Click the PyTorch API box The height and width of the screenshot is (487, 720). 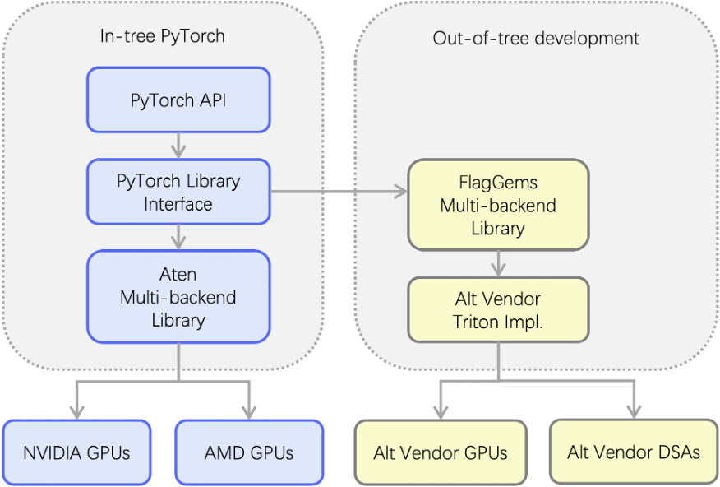click(x=178, y=100)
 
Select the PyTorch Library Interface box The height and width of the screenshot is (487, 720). click(x=178, y=192)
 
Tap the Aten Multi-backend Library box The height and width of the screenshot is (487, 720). click(x=178, y=297)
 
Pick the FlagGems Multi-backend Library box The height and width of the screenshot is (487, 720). click(x=498, y=205)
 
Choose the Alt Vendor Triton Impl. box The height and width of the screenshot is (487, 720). click(x=498, y=309)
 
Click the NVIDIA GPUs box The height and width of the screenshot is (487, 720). click(x=76, y=452)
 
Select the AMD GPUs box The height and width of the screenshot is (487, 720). click(x=249, y=452)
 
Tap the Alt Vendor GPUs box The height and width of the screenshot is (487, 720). click(x=441, y=452)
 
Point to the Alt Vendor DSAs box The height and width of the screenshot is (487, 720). click(x=634, y=452)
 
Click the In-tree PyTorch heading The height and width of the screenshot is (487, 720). click(x=163, y=36)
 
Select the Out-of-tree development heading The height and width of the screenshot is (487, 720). click(x=536, y=38)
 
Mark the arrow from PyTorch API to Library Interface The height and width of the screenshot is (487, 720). click(x=178, y=146)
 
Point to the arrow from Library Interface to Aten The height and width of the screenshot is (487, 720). click(x=178, y=237)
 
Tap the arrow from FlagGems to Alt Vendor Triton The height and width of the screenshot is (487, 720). click(x=498, y=263)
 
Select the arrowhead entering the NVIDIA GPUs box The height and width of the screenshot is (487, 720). click(x=77, y=410)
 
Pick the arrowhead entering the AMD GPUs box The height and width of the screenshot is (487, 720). click(x=249, y=410)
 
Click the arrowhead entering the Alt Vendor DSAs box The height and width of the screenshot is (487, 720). click(x=634, y=410)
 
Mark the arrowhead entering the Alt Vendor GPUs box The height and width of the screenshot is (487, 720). click(x=441, y=410)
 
